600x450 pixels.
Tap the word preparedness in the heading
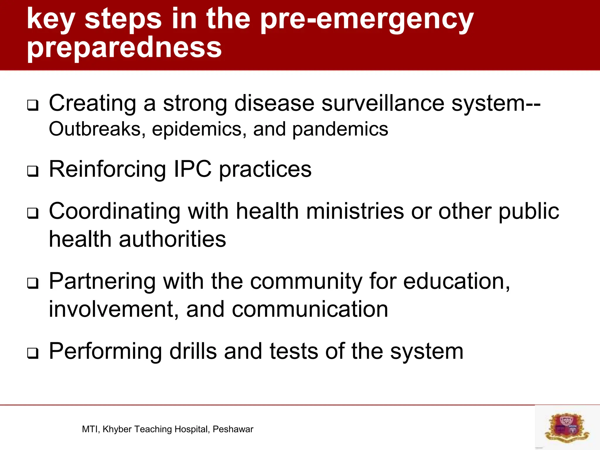[x=124, y=48]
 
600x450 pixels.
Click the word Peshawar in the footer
[x=233, y=429]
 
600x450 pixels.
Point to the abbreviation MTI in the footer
[x=91, y=429]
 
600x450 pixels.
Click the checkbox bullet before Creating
[x=33, y=105]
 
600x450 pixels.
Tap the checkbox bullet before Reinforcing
[x=33, y=171]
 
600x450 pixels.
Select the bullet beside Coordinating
[x=33, y=213]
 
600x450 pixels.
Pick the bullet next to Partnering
[x=33, y=283]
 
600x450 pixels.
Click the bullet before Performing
[x=33, y=353]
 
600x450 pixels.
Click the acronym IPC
[x=192, y=169]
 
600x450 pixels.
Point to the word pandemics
[x=340, y=129]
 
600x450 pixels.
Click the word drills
[x=193, y=351]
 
